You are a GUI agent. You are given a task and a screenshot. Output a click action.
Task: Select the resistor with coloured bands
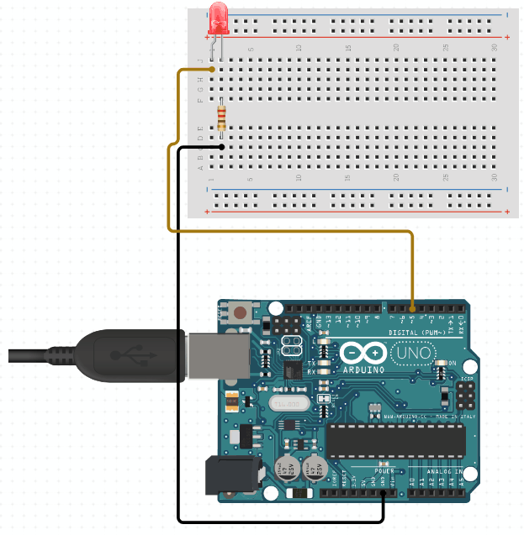pos(221,116)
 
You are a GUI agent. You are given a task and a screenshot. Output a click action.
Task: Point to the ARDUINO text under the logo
pos(363,369)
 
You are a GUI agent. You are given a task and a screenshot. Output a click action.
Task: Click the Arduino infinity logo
pos(363,352)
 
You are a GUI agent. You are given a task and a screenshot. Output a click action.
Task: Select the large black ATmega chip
pos(395,438)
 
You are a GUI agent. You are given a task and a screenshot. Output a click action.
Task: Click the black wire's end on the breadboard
pos(221,147)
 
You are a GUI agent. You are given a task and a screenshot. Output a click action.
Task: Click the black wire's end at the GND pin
pos(383,493)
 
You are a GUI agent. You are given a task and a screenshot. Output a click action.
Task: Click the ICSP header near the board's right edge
pos(463,391)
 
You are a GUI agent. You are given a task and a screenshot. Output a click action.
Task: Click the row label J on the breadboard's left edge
pos(200,60)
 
